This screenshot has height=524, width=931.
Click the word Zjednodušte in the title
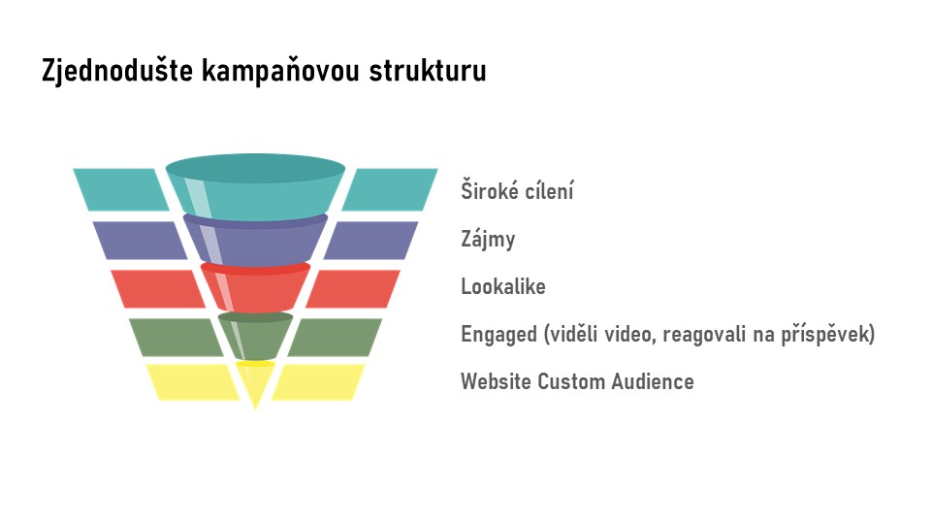(117, 71)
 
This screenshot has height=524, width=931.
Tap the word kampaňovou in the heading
(281, 71)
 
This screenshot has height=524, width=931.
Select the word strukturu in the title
(428, 70)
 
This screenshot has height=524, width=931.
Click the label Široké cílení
(517, 191)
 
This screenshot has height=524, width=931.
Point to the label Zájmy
(488, 240)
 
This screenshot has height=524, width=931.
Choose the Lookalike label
(503, 286)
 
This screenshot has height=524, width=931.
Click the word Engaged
(498, 335)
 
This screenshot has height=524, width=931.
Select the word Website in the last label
(496, 381)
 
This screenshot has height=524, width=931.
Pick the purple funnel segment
(255, 240)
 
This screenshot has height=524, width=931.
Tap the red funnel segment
(255, 287)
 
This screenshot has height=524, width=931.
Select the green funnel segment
(255, 336)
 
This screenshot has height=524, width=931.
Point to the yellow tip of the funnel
(255, 380)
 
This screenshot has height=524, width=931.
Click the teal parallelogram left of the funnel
(121, 189)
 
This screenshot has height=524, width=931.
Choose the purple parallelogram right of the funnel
(370, 240)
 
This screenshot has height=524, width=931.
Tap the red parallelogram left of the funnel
(158, 289)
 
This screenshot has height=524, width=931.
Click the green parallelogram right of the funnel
(335, 338)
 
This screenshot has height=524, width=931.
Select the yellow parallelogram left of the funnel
(193, 382)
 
